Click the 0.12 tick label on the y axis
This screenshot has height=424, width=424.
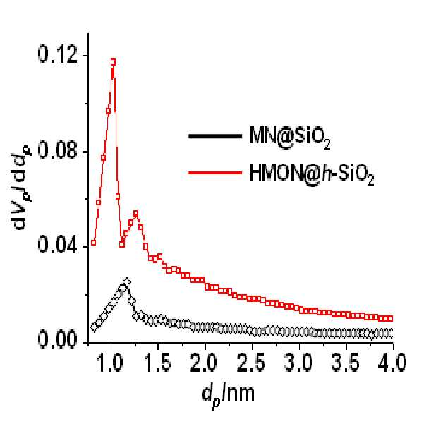pos(58,54)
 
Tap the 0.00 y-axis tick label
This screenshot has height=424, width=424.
pos(58,339)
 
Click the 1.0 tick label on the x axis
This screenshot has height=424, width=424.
pos(111,363)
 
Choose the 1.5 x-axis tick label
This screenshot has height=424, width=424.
pos(158,363)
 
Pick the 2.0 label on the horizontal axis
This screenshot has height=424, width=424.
pos(205,363)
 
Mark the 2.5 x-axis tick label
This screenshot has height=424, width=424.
pos(253,363)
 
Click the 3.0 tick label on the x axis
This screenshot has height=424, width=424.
pos(299,363)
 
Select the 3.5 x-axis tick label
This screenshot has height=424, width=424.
pos(346,363)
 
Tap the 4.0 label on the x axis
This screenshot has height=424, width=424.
pos(393,363)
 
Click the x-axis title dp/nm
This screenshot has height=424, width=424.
pos(229,396)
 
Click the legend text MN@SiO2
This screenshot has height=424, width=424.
pos(290,137)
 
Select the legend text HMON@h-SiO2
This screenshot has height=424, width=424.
pos(312,174)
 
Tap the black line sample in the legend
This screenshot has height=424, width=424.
pos(215,135)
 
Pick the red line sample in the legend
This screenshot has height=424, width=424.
pos(215,172)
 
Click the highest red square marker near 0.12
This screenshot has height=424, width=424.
pos(113,62)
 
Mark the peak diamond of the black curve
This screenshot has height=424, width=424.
pos(126,282)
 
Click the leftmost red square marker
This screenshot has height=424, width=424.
pos(94,243)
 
